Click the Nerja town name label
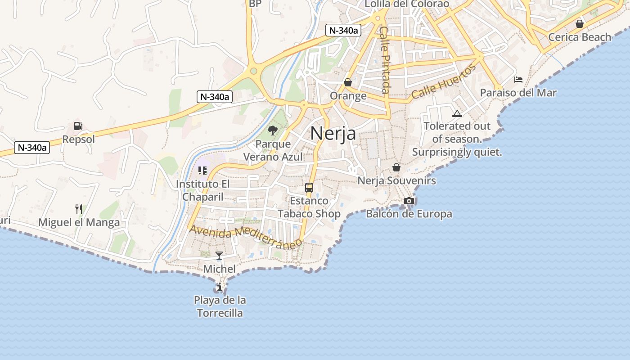click(333, 133)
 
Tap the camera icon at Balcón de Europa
click(409, 201)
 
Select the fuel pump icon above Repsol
click(78, 126)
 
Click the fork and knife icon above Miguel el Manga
click(79, 209)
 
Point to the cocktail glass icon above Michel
click(219, 256)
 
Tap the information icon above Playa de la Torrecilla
click(219, 287)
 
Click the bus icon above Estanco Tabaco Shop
click(309, 188)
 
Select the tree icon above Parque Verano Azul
click(272, 130)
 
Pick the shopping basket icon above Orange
click(348, 82)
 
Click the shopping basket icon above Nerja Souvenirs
click(396, 167)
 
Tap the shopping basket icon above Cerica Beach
click(580, 23)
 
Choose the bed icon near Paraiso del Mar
click(518, 80)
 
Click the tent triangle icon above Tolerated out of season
click(457, 113)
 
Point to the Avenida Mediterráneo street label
click(245, 236)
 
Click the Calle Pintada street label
click(385, 59)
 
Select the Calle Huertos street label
click(444, 82)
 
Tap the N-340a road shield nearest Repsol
click(31, 148)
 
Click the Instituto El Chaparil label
click(202, 190)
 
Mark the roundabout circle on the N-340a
click(253, 71)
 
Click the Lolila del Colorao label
click(407, 4)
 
